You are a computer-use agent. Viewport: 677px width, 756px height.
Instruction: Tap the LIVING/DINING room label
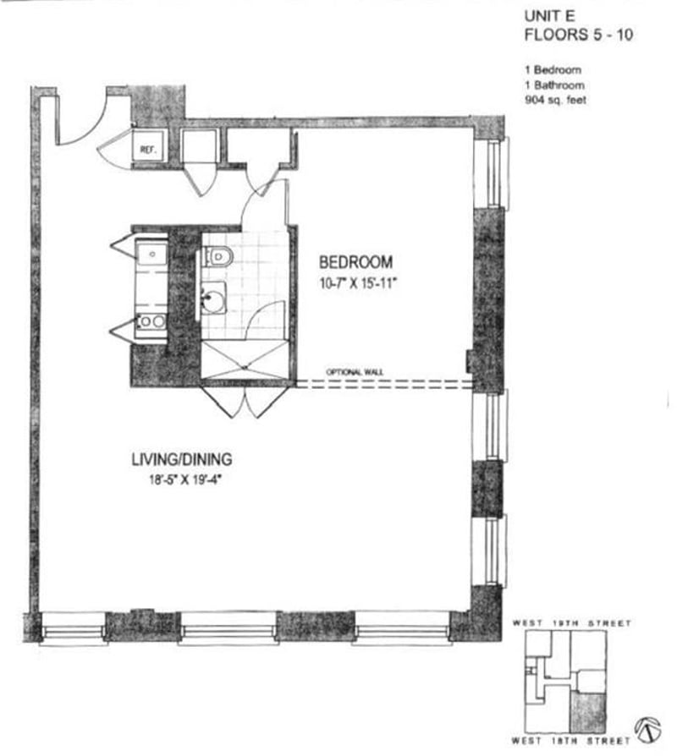coord(181,460)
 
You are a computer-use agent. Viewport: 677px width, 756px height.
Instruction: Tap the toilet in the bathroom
coord(217,255)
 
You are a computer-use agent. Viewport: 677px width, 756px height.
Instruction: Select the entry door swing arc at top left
coord(85,123)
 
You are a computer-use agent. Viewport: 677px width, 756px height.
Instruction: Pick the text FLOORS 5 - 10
coord(576,36)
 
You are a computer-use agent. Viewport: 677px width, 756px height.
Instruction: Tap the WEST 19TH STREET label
coord(571,623)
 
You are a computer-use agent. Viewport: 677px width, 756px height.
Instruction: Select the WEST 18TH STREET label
coord(571,741)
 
